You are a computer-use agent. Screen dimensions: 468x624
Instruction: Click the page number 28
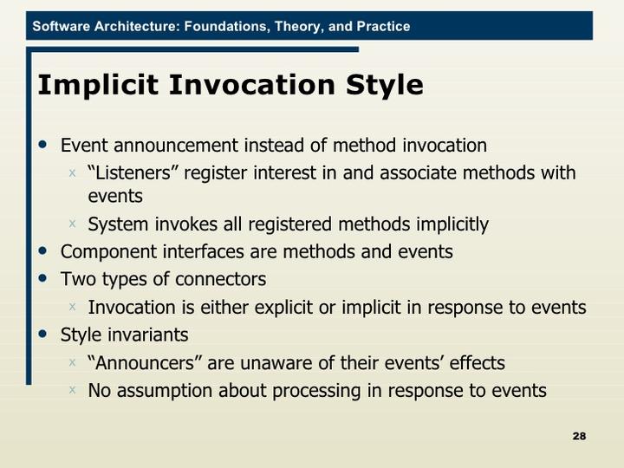click(x=579, y=435)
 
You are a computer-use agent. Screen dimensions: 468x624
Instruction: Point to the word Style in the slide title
click(x=384, y=86)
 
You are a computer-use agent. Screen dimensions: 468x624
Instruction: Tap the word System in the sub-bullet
click(x=119, y=224)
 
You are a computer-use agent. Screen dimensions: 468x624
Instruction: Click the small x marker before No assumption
click(x=73, y=389)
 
